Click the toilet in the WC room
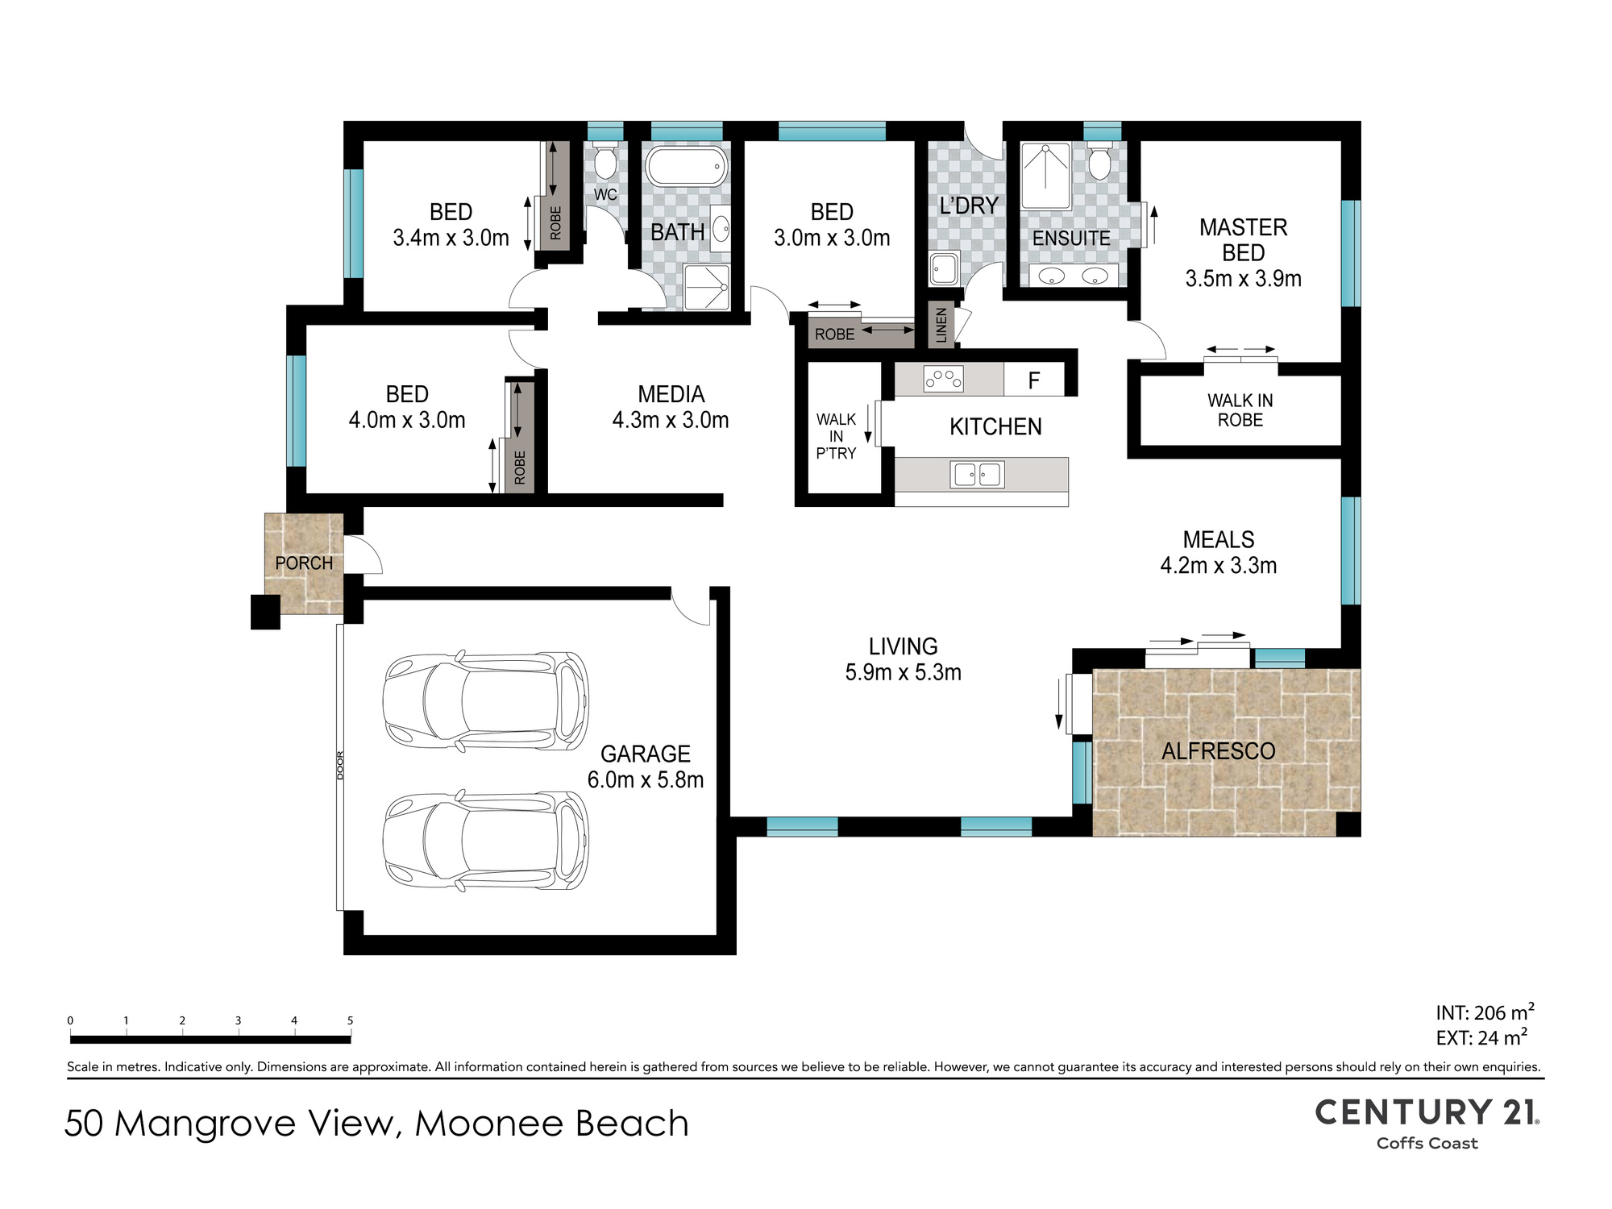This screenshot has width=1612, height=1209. click(605, 161)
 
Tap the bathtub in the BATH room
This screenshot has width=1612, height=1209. click(686, 167)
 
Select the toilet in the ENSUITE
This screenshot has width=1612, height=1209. click(1099, 161)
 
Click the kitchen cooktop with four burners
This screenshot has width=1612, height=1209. click(943, 379)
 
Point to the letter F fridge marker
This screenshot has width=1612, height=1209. click(1034, 380)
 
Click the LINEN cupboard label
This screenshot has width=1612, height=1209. click(941, 325)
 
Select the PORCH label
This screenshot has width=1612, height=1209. click(304, 563)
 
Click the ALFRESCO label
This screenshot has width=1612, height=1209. click(1218, 751)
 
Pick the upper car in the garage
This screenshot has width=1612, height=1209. click(485, 700)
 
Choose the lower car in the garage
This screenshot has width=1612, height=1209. click(485, 840)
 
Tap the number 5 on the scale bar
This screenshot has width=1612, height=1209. click(350, 1020)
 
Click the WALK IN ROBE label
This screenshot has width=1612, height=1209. click(1240, 410)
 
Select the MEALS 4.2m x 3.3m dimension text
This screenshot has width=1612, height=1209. click(1219, 552)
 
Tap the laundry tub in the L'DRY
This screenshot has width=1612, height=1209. click(944, 269)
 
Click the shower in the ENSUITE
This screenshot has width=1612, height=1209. click(1045, 176)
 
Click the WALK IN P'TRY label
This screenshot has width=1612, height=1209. click(836, 436)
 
